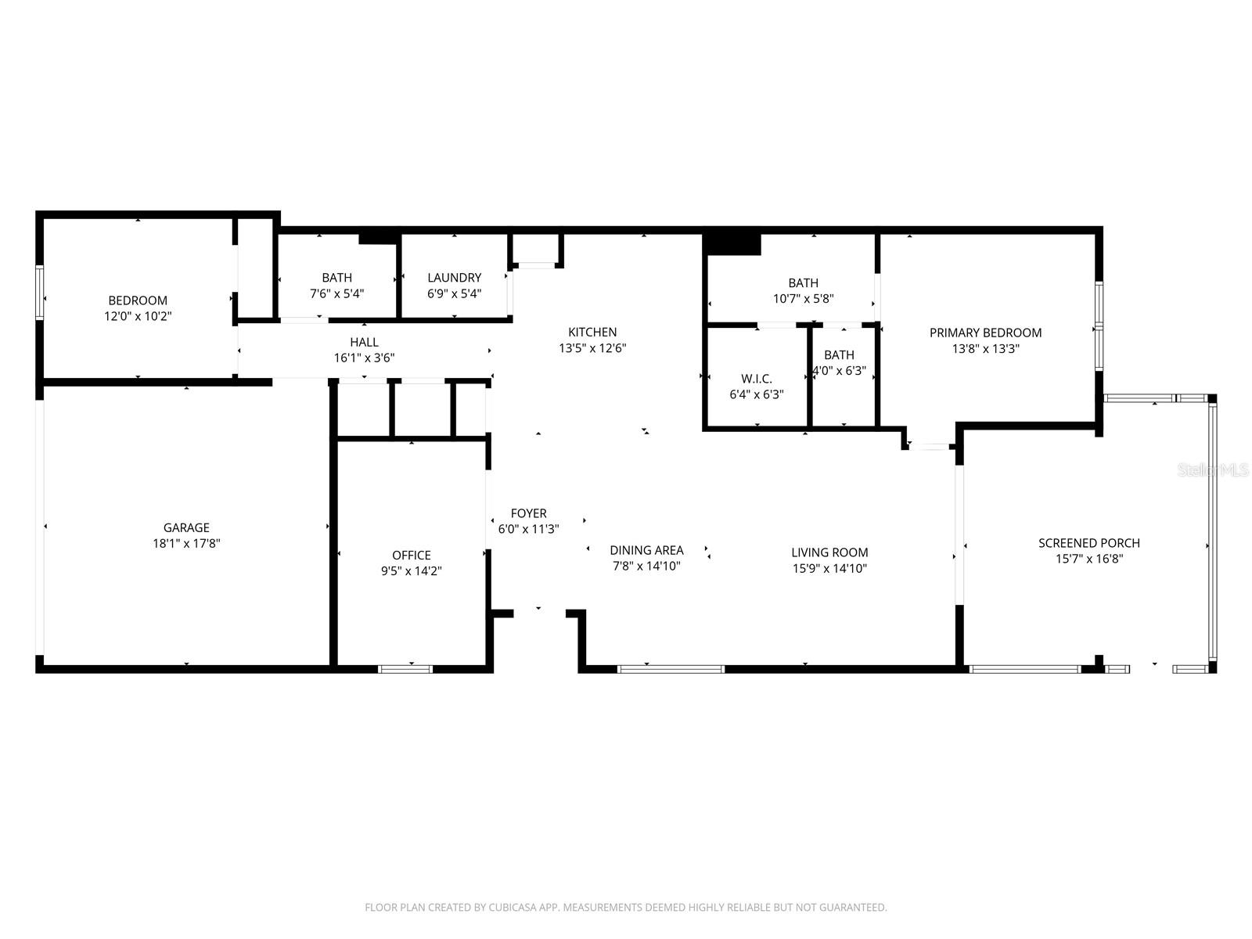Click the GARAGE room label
(x=186, y=527)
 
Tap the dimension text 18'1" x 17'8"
(x=186, y=543)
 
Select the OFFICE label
(x=411, y=556)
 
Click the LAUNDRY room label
(x=454, y=278)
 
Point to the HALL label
(x=364, y=342)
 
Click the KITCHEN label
(x=592, y=332)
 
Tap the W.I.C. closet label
(x=756, y=379)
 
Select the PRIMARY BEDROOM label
(x=985, y=333)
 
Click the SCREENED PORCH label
(x=1088, y=543)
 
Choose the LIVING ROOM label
(x=829, y=552)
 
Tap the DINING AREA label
(x=646, y=550)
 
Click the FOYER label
(x=528, y=513)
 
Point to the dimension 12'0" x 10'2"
(x=138, y=316)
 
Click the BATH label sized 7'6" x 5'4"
(x=336, y=278)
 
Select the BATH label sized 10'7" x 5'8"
(x=803, y=282)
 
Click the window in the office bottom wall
(x=405, y=669)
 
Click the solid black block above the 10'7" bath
(x=732, y=243)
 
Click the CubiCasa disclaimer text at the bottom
(x=625, y=908)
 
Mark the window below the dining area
(x=671, y=669)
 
